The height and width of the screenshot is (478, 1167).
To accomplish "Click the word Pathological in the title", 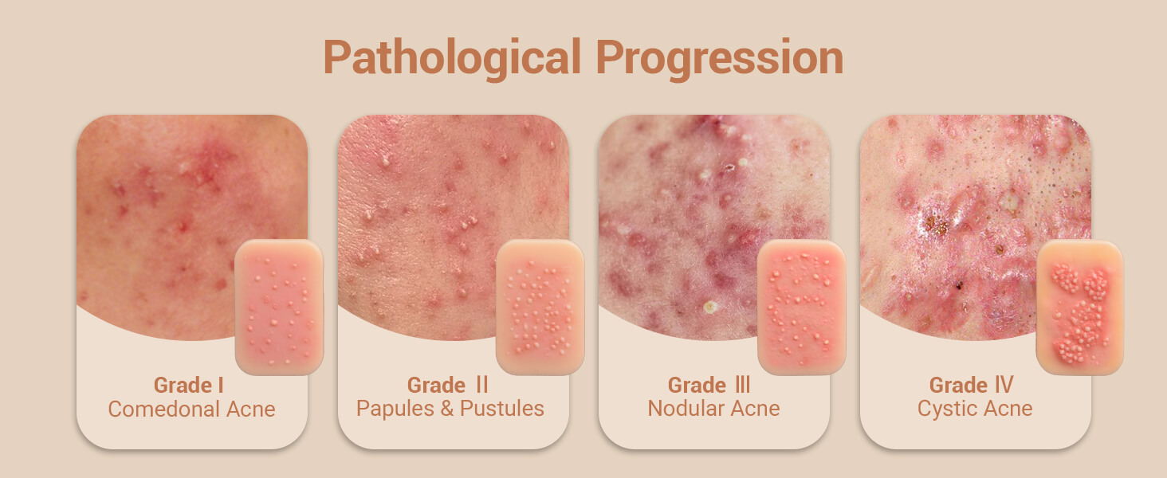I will (x=453, y=57).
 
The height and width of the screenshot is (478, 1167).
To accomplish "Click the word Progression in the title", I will (x=719, y=57).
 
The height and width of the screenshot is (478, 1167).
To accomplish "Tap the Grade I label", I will (x=188, y=386).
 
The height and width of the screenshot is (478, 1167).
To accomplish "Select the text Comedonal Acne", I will (x=191, y=409).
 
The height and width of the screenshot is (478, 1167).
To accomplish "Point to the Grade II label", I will (x=448, y=386).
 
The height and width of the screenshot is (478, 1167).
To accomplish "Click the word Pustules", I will (x=501, y=409).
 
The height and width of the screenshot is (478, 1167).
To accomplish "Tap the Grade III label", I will (x=709, y=386).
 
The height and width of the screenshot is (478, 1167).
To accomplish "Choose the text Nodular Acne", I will (x=713, y=409).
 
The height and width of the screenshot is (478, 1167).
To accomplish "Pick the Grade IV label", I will (x=971, y=386).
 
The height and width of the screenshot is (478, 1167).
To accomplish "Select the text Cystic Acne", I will (x=975, y=409).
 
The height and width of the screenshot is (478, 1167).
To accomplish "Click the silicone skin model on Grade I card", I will (x=279, y=307).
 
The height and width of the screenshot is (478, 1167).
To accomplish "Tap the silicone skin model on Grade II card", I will (x=540, y=307).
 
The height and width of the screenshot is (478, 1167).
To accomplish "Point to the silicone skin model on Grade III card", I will (x=801, y=307).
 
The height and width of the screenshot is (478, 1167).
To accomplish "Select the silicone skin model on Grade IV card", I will (x=1079, y=307).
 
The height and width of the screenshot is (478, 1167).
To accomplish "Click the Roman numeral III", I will (x=741, y=386).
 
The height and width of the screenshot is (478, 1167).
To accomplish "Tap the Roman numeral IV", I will (x=1003, y=386).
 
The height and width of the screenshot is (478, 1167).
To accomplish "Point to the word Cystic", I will (x=949, y=409).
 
